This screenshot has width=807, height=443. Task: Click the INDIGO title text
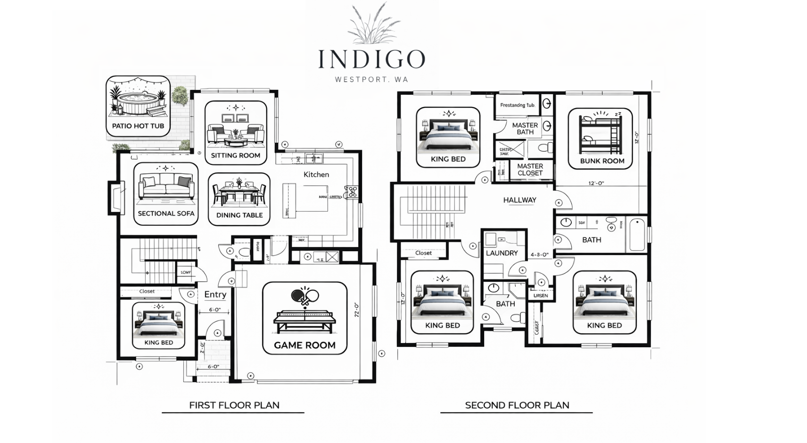pyautogui.click(x=371, y=59)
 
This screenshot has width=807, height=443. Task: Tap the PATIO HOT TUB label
pyautogui.click(x=138, y=126)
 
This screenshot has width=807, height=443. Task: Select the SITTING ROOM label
pyautogui.click(x=236, y=156)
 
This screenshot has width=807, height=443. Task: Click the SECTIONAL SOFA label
pyautogui.click(x=166, y=213)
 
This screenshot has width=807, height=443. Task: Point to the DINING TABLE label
pyautogui.click(x=239, y=215)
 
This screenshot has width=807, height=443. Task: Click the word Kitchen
pyautogui.click(x=316, y=174)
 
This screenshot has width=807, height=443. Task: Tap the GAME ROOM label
pyautogui.click(x=305, y=345)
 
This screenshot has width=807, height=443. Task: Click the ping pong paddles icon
pyautogui.click(x=305, y=296)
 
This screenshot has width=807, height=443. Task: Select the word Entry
pyautogui.click(x=215, y=295)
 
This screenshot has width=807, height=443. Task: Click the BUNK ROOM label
pyautogui.click(x=602, y=161)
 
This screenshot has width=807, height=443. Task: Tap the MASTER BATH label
pyautogui.click(x=525, y=129)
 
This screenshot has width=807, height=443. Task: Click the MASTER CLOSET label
pyautogui.click(x=530, y=170)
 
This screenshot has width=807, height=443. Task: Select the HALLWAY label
pyautogui.click(x=519, y=200)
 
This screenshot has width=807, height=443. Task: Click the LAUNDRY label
pyautogui.click(x=502, y=253)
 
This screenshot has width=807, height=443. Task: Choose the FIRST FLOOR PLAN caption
pyautogui.click(x=234, y=405)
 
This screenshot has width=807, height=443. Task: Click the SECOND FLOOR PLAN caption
pyautogui.click(x=517, y=405)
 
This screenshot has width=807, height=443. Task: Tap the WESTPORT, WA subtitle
pyautogui.click(x=371, y=80)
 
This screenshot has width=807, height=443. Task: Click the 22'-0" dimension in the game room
pyautogui.click(x=357, y=310)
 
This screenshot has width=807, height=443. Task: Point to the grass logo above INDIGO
pyautogui.click(x=373, y=24)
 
